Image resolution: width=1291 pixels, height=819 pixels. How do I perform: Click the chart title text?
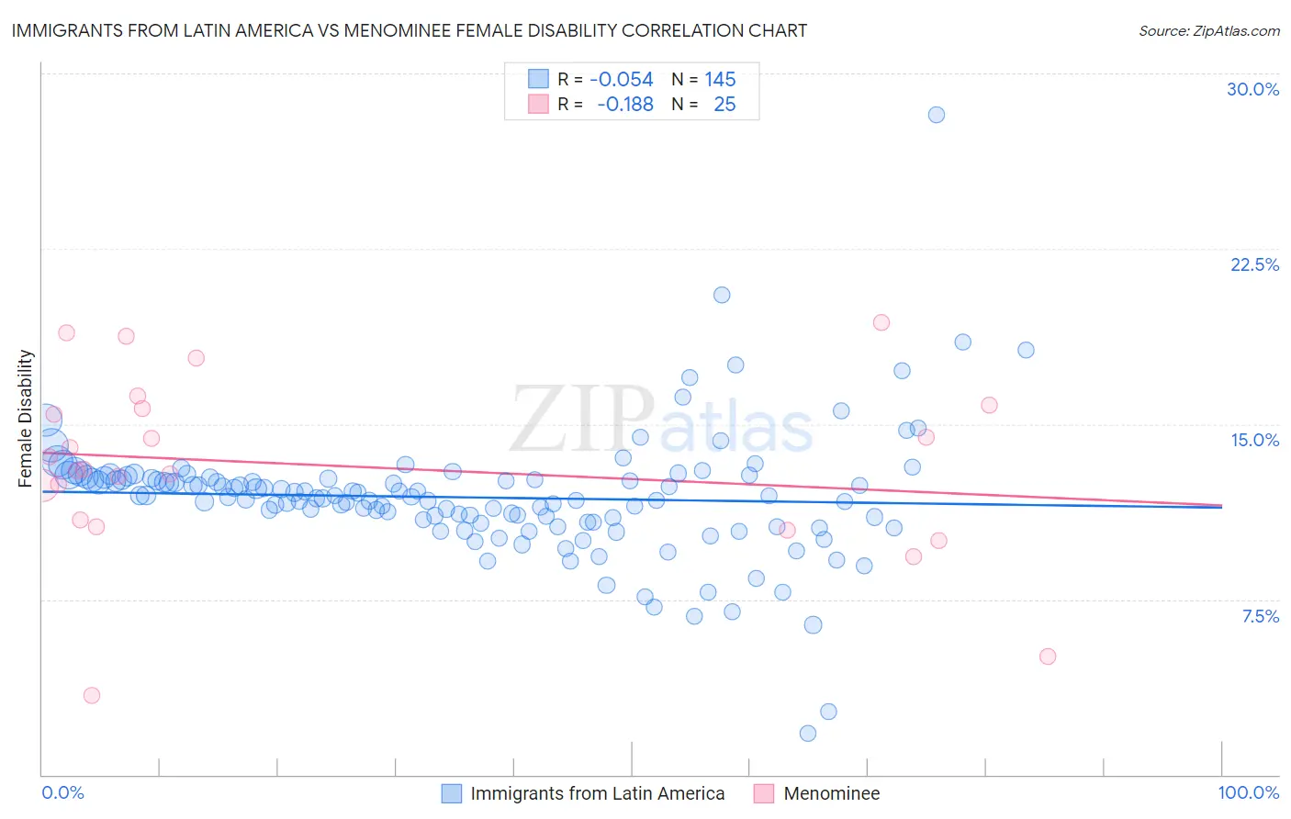click(x=410, y=30)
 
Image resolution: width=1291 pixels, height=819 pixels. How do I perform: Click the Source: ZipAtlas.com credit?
click(x=1208, y=31)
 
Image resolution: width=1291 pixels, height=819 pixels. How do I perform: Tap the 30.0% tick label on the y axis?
click(x=1252, y=89)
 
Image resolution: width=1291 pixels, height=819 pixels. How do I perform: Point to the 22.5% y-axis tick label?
click(x=1254, y=264)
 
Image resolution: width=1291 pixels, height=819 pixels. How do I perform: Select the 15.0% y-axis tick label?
click(x=1254, y=440)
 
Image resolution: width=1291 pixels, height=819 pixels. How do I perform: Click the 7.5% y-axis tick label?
click(x=1260, y=616)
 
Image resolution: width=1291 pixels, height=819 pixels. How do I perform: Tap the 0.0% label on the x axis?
click(x=62, y=792)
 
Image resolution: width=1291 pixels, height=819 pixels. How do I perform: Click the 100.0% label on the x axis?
click(x=1248, y=792)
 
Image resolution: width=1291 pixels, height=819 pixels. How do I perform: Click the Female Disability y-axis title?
click(x=26, y=418)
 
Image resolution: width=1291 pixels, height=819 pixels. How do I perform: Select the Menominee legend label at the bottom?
click(x=831, y=793)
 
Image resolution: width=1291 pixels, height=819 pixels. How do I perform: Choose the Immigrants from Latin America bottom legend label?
click(x=597, y=793)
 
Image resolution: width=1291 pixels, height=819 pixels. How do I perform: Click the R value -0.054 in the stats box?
click(x=621, y=80)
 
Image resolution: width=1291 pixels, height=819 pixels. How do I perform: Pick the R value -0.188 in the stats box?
click(x=624, y=105)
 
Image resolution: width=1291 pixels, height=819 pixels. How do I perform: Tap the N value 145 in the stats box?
click(x=720, y=80)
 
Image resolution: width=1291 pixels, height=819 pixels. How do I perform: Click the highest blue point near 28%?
click(x=936, y=115)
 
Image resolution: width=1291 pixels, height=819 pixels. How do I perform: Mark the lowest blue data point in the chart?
click(x=808, y=733)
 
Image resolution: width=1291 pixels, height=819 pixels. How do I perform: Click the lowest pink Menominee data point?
click(x=92, y=695)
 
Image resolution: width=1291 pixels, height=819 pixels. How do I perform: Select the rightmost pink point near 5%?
click(x=1048, y=656)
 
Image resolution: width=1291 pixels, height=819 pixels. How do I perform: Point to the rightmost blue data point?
click(x=1026, y=350)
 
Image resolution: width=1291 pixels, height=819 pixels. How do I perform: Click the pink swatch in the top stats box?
click(x=538, y=105)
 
